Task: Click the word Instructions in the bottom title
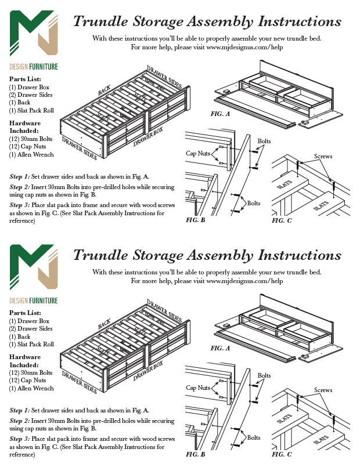point(299,255)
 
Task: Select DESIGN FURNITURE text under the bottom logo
point(34,301)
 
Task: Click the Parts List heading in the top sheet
point(25,79)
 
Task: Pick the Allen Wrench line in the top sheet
point(31,155)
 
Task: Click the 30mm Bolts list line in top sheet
point(30,139)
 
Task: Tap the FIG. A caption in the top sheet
point(220,114)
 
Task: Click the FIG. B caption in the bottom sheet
point(196,454)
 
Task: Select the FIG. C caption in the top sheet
point(282,220)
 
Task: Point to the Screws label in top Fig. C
point(323,157)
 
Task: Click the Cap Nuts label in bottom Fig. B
point(198,388)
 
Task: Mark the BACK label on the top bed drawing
point(105,90)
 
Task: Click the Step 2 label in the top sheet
point(20,187)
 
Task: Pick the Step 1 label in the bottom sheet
point(20,410)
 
